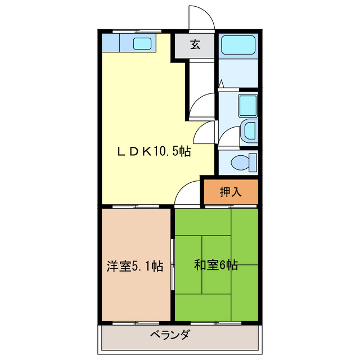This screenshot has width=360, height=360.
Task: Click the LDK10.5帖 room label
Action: pos(153,151)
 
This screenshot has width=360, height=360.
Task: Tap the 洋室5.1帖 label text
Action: pos(135,266)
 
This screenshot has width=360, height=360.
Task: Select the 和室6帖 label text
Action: pos(216,265)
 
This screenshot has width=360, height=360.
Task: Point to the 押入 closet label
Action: pos(230,192)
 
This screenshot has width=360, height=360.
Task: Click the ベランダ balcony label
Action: pos(170,336)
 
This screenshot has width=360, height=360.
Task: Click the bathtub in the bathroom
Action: pos(237,45)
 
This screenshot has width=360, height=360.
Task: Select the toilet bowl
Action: pos(245,162)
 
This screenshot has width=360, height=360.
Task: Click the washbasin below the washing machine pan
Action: pos(248,130)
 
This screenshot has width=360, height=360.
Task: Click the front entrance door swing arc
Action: pos(200,17)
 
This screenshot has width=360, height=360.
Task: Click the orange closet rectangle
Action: pos(230,192)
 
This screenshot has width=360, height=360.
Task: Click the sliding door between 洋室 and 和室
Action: pos(173,264)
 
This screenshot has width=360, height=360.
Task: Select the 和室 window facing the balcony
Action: pos(216,323)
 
